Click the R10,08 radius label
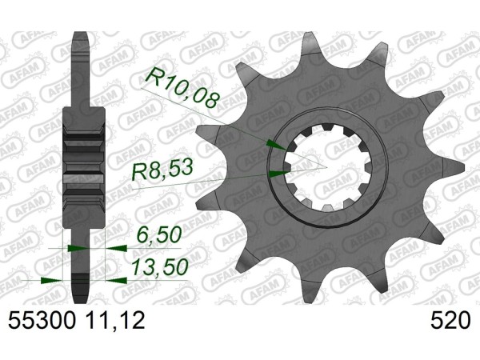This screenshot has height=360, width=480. (x=183, y=89)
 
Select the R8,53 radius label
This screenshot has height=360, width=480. (x=162, y=171)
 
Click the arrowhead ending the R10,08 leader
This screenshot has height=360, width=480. (x=278, y=145)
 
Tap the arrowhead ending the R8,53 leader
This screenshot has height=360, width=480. (x=278, y=174)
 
